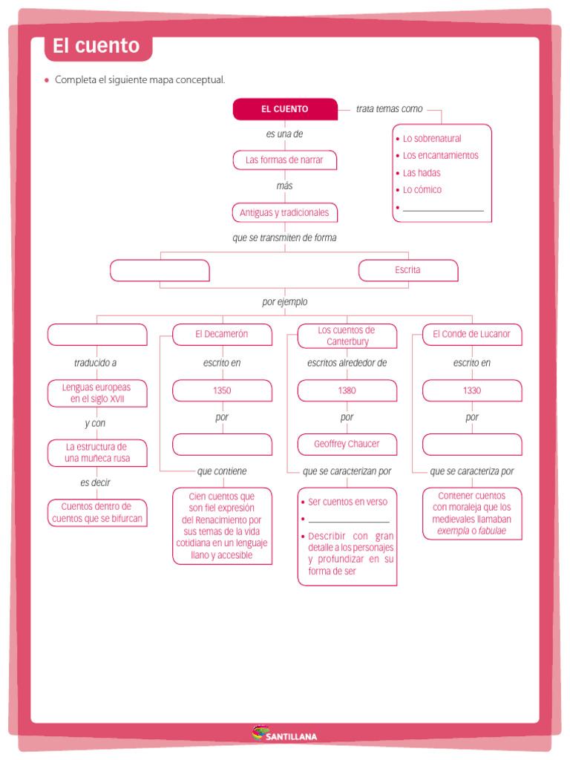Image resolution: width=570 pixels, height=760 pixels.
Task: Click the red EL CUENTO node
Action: [285, 109]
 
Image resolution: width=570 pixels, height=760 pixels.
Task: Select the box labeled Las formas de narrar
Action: [284, 160]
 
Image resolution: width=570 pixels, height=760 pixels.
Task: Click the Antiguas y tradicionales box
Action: [284, 213]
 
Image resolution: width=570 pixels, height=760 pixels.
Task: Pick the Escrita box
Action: [407, 270]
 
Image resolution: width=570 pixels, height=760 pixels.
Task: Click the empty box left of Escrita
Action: [160, 270]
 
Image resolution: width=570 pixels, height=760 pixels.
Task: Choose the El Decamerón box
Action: [222, 335]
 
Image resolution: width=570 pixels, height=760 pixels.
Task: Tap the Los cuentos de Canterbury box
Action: [347, 335]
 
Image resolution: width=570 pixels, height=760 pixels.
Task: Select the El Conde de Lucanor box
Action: [471, 335]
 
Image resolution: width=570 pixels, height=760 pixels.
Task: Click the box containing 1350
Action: [222, 390]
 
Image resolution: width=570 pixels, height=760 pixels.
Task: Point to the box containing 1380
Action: [347, 390]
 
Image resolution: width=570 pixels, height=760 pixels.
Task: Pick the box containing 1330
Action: [471, 390]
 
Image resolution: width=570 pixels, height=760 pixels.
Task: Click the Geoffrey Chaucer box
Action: [347, 444]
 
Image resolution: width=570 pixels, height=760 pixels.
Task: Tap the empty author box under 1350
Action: [222, 444]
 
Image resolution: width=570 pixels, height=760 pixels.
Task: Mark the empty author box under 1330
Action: [471, 444]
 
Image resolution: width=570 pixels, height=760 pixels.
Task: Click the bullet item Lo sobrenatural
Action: [432, 139]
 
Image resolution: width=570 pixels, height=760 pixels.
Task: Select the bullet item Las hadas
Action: [422, 173]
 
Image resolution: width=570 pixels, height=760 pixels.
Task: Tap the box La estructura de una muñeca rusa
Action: [97, 453]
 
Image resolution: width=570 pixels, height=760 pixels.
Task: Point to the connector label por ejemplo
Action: [284, 302]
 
